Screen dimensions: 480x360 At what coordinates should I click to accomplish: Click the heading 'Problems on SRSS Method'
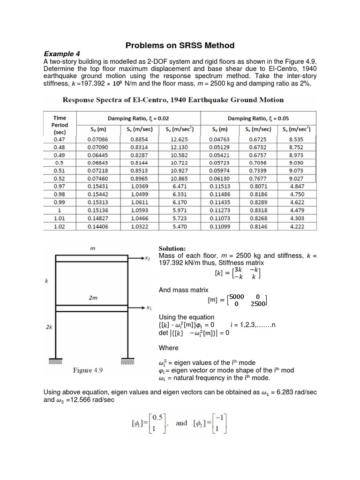(x=180, y=45)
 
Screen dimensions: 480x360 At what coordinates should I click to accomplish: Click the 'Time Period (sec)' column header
(x=60, y=125)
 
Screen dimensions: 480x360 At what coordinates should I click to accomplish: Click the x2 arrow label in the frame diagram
(x=149, y=258)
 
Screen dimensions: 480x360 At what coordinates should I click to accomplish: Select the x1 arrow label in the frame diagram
(x=149, y=308)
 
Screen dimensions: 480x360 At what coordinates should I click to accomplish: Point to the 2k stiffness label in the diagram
(x=49, y=328)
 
